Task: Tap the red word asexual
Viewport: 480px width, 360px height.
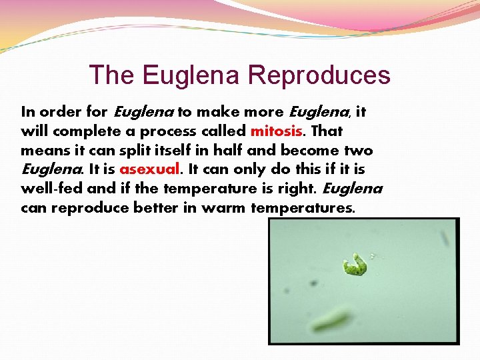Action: (148, 169)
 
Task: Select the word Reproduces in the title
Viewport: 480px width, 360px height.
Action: (319, 75)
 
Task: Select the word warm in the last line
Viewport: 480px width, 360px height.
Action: (224, 208)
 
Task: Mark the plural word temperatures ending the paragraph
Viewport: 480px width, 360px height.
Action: (303, 208)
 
